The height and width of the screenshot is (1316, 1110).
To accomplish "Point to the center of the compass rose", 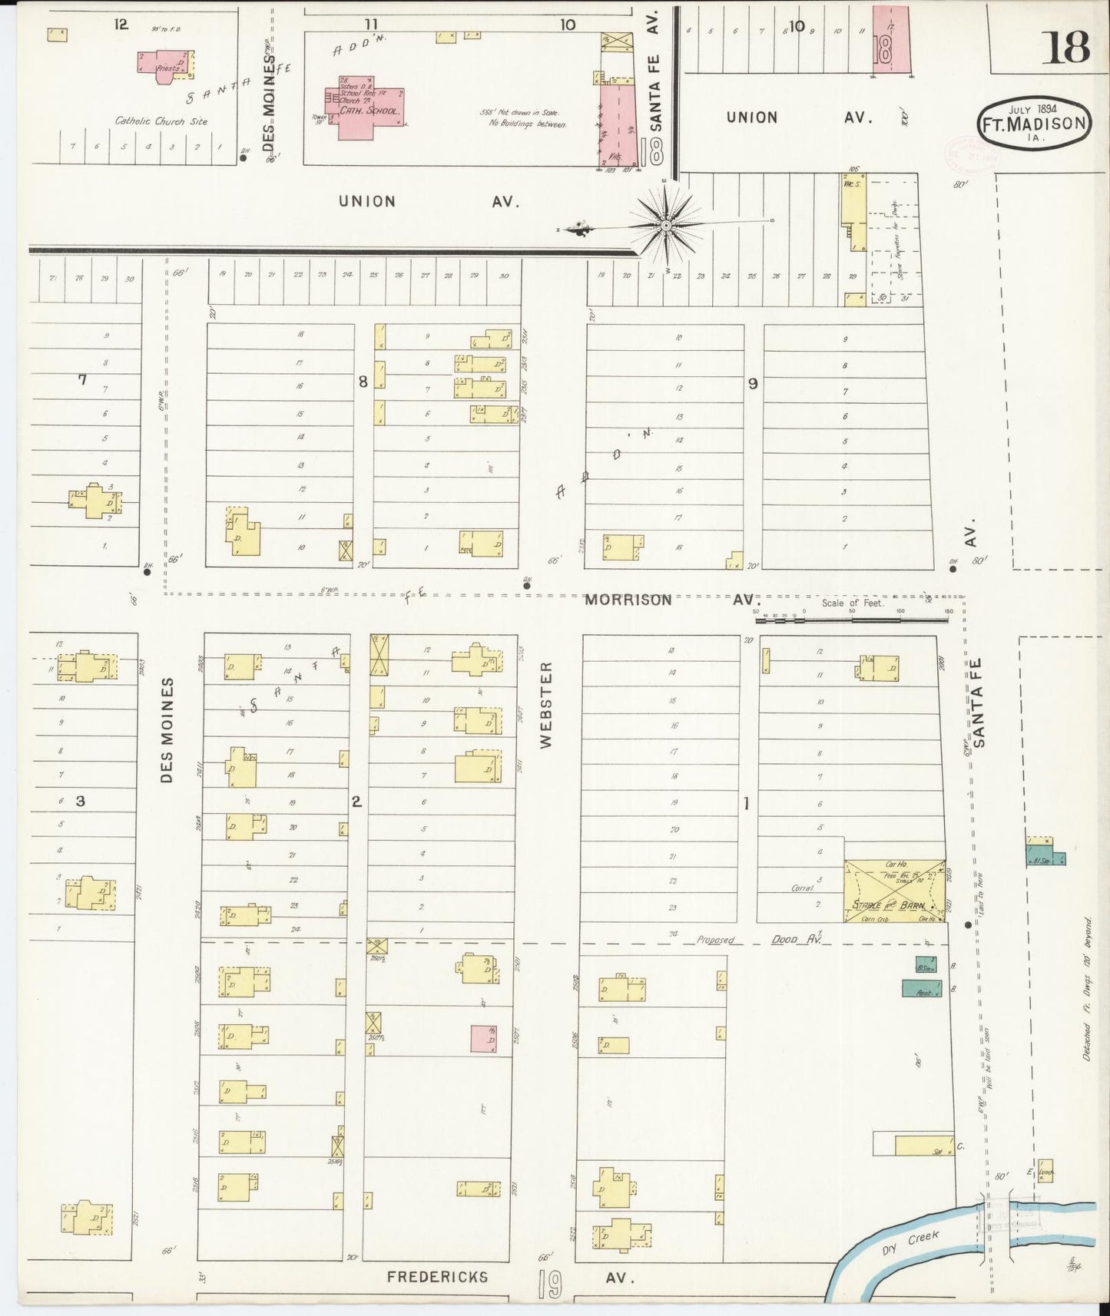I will click(666, 225).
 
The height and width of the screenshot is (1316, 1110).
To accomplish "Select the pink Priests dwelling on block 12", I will click(164, 63).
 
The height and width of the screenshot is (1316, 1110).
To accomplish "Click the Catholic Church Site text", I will click(161, 121).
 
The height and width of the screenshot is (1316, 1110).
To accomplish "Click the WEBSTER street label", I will click(546, 706).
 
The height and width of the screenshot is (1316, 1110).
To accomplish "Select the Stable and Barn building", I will click(894, 890).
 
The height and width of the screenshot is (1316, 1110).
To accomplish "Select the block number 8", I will click(363, 381).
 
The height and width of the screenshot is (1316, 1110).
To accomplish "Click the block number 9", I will click(753, 383).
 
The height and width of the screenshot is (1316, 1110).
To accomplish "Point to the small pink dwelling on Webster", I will click(483, 1038).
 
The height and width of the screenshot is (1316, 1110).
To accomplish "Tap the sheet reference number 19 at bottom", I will click(549, 1284).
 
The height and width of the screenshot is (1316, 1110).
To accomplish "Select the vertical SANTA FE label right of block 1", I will click(978, 702).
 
